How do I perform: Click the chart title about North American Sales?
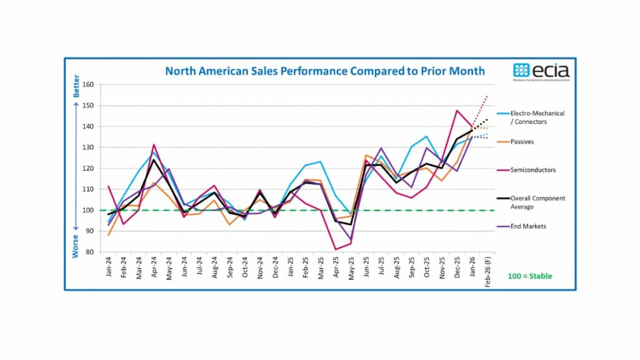324,71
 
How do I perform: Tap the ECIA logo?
541,71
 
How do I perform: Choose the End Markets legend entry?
528,226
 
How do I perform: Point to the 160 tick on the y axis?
87,85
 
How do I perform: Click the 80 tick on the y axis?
89,252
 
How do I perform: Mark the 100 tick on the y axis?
87,210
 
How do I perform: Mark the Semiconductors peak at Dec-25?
457,111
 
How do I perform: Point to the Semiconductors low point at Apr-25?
336,249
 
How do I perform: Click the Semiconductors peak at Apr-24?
154,145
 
